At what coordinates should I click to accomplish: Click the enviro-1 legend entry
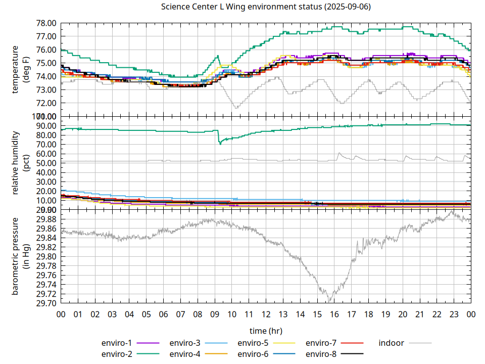[x=117, y=343]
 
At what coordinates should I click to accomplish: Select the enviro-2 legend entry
[x=117, y=353]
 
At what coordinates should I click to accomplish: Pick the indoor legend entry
[x=392, y=343]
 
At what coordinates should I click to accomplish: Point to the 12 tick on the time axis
[x=266, y=314]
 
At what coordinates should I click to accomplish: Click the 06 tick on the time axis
[x=163, y=314]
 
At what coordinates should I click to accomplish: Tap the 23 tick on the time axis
[x=454, y=314]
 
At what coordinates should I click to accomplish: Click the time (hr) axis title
[x=266, y=331]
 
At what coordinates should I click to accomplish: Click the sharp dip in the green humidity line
[x=220, y=144]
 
